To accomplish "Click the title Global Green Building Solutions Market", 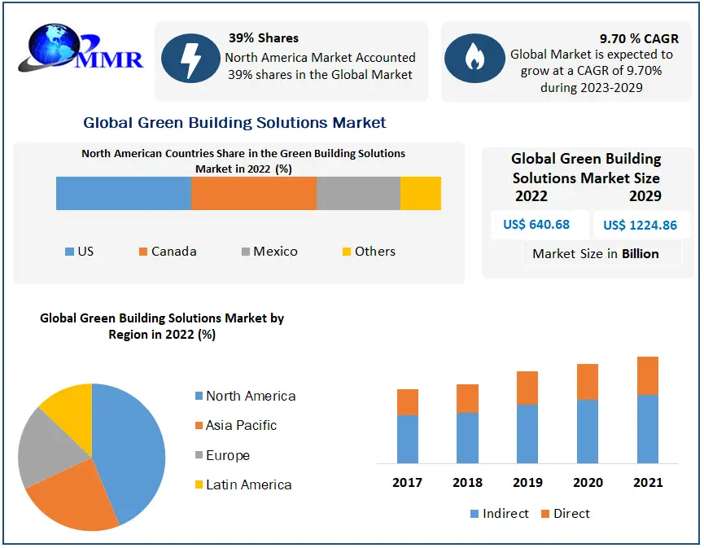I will (x=234, y=123).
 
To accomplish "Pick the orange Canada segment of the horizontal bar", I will (x=254, y=194).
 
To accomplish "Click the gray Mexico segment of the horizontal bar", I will (x=358, y=194).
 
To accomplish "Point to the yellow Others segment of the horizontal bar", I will (x=421, y=194).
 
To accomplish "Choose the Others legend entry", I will (x=369, y=252).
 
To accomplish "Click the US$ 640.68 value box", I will (x=536, y=225).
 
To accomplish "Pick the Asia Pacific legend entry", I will (x=235, y=426).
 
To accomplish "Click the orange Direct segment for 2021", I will (x=648, y=375).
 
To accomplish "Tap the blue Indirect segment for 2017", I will (x=408, y=439).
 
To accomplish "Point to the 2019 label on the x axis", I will (x=527, y=483).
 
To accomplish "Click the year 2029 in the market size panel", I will (x=645, y=196).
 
